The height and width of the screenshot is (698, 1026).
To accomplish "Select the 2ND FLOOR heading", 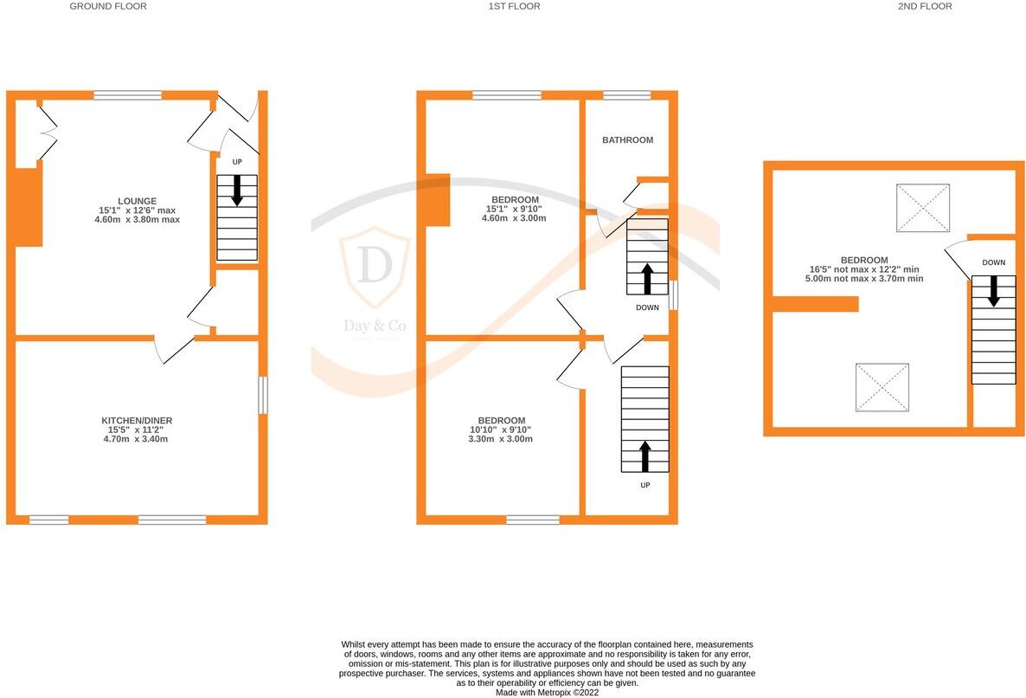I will [924, 6].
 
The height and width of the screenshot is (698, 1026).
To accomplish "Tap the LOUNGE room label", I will [138, 201].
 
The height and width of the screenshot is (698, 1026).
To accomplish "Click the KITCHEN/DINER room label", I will [137, 421].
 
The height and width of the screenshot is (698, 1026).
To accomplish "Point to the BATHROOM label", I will [627, 139].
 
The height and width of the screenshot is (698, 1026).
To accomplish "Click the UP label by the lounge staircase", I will [237, 162].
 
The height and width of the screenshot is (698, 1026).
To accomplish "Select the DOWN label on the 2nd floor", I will [993, 262].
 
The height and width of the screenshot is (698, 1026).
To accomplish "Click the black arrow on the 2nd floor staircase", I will [993, 291].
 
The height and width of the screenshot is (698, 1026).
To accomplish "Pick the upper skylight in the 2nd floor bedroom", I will [923, 208].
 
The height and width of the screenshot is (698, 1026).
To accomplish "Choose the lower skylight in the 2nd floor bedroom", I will [883, 387].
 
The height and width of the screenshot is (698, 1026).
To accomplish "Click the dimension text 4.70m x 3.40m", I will [137, 439].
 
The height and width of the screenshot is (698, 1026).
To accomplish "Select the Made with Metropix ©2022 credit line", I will [546, 692].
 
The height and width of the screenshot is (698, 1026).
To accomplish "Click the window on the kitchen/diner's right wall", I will [263, 395].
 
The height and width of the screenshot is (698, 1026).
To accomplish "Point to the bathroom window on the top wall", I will [626, 95].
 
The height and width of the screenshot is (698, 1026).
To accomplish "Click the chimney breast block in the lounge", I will [28, 208].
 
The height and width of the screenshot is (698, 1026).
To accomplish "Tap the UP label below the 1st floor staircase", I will [644, 485].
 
